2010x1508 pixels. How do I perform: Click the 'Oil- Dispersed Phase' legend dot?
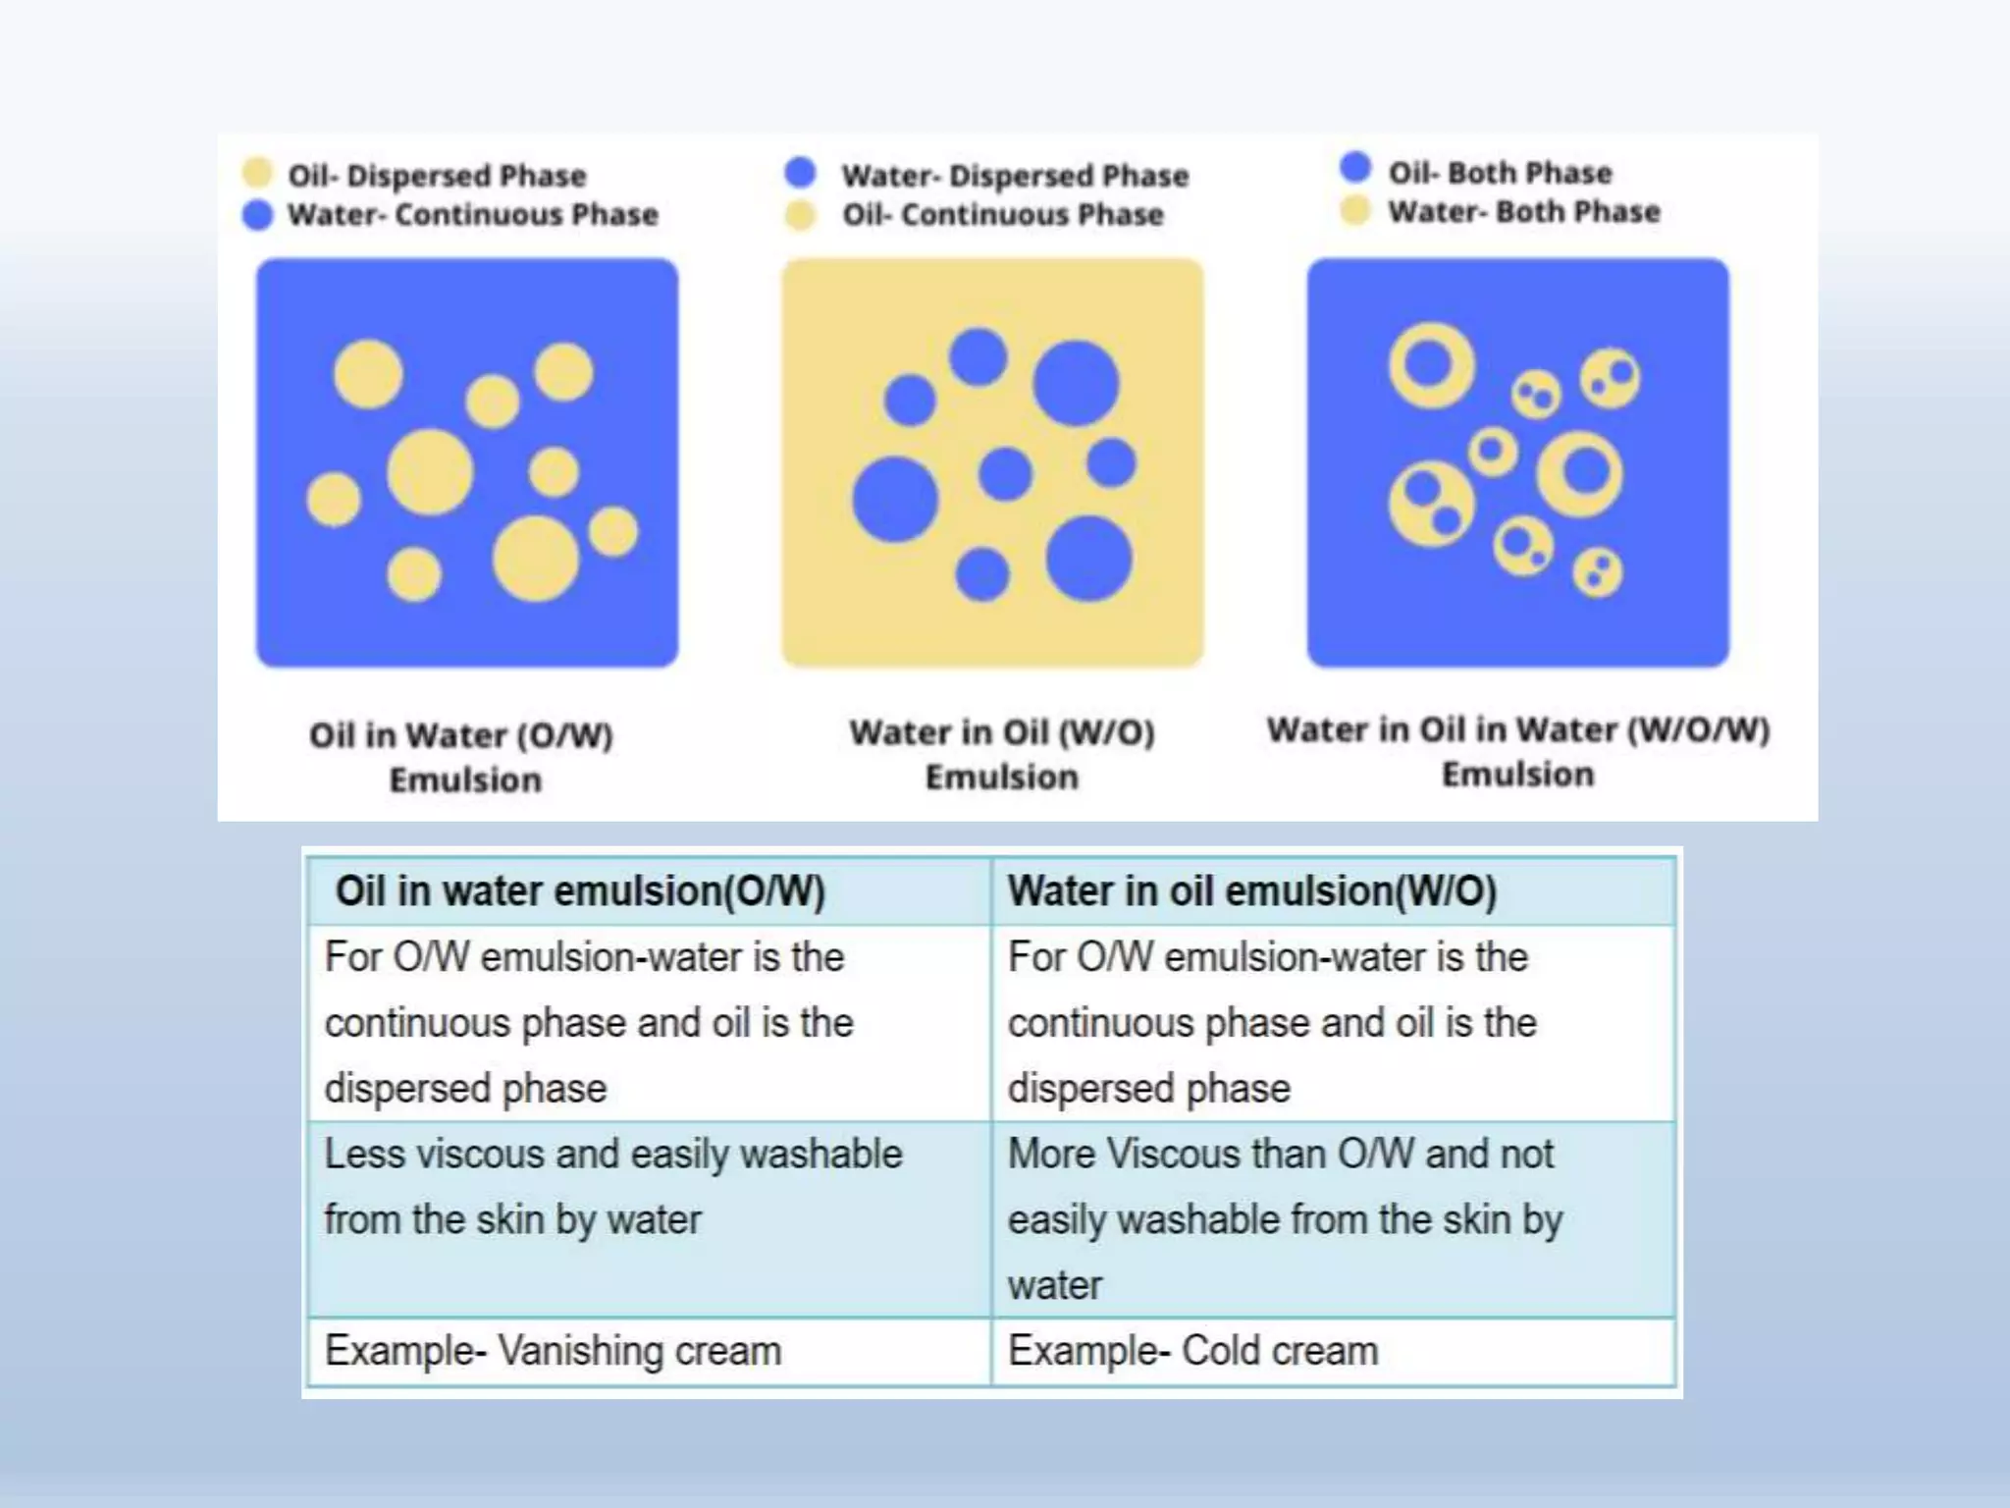coord(257,173)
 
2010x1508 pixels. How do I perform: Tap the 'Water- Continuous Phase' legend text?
coord(472,214)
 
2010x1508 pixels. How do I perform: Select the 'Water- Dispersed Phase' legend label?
coord(1015,176)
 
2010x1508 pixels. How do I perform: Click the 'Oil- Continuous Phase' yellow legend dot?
coord(801,215)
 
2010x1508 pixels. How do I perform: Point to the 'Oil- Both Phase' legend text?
coord(1500,173)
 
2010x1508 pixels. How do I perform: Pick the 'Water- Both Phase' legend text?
coord(1523,211)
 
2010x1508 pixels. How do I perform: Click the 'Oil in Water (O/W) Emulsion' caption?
coord(462,757)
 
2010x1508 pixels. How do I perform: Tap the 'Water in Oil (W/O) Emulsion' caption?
coord(1002,754)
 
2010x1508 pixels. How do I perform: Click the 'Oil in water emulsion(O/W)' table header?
coord(580,891)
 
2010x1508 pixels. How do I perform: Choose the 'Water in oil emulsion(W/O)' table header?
coord(1252,891)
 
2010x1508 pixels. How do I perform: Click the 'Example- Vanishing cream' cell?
coord(553,1351)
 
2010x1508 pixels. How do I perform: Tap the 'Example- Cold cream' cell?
coord(1192,1351)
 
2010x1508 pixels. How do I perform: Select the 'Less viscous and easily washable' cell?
coord(612,1186)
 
